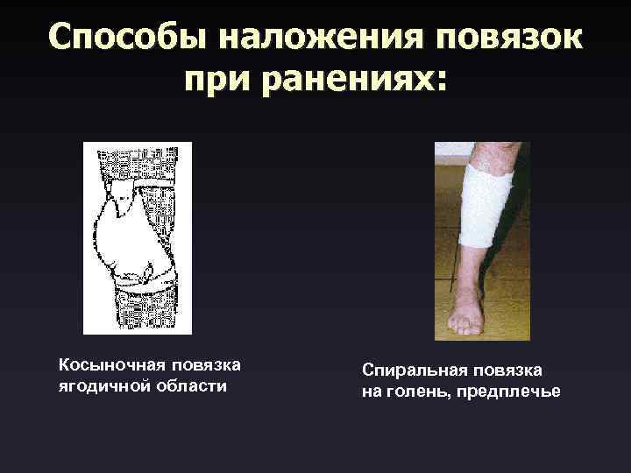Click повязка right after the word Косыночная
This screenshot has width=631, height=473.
(204, 364)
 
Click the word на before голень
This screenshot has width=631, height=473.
(372, 392)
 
